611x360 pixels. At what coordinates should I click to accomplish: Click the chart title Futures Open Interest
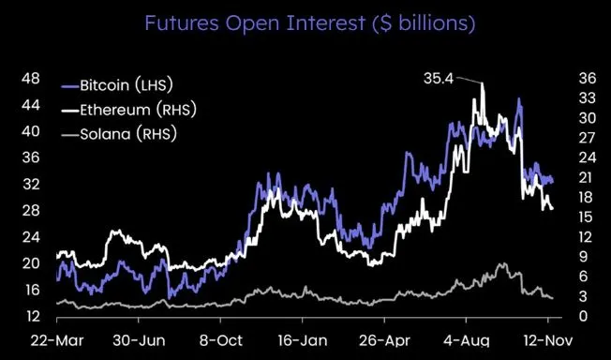coord(305,22)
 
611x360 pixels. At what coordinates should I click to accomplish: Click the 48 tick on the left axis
coord(29,78)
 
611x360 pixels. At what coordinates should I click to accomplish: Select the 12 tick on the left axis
coord(29,316)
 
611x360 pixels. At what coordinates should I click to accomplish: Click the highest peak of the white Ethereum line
coord(483,83)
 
